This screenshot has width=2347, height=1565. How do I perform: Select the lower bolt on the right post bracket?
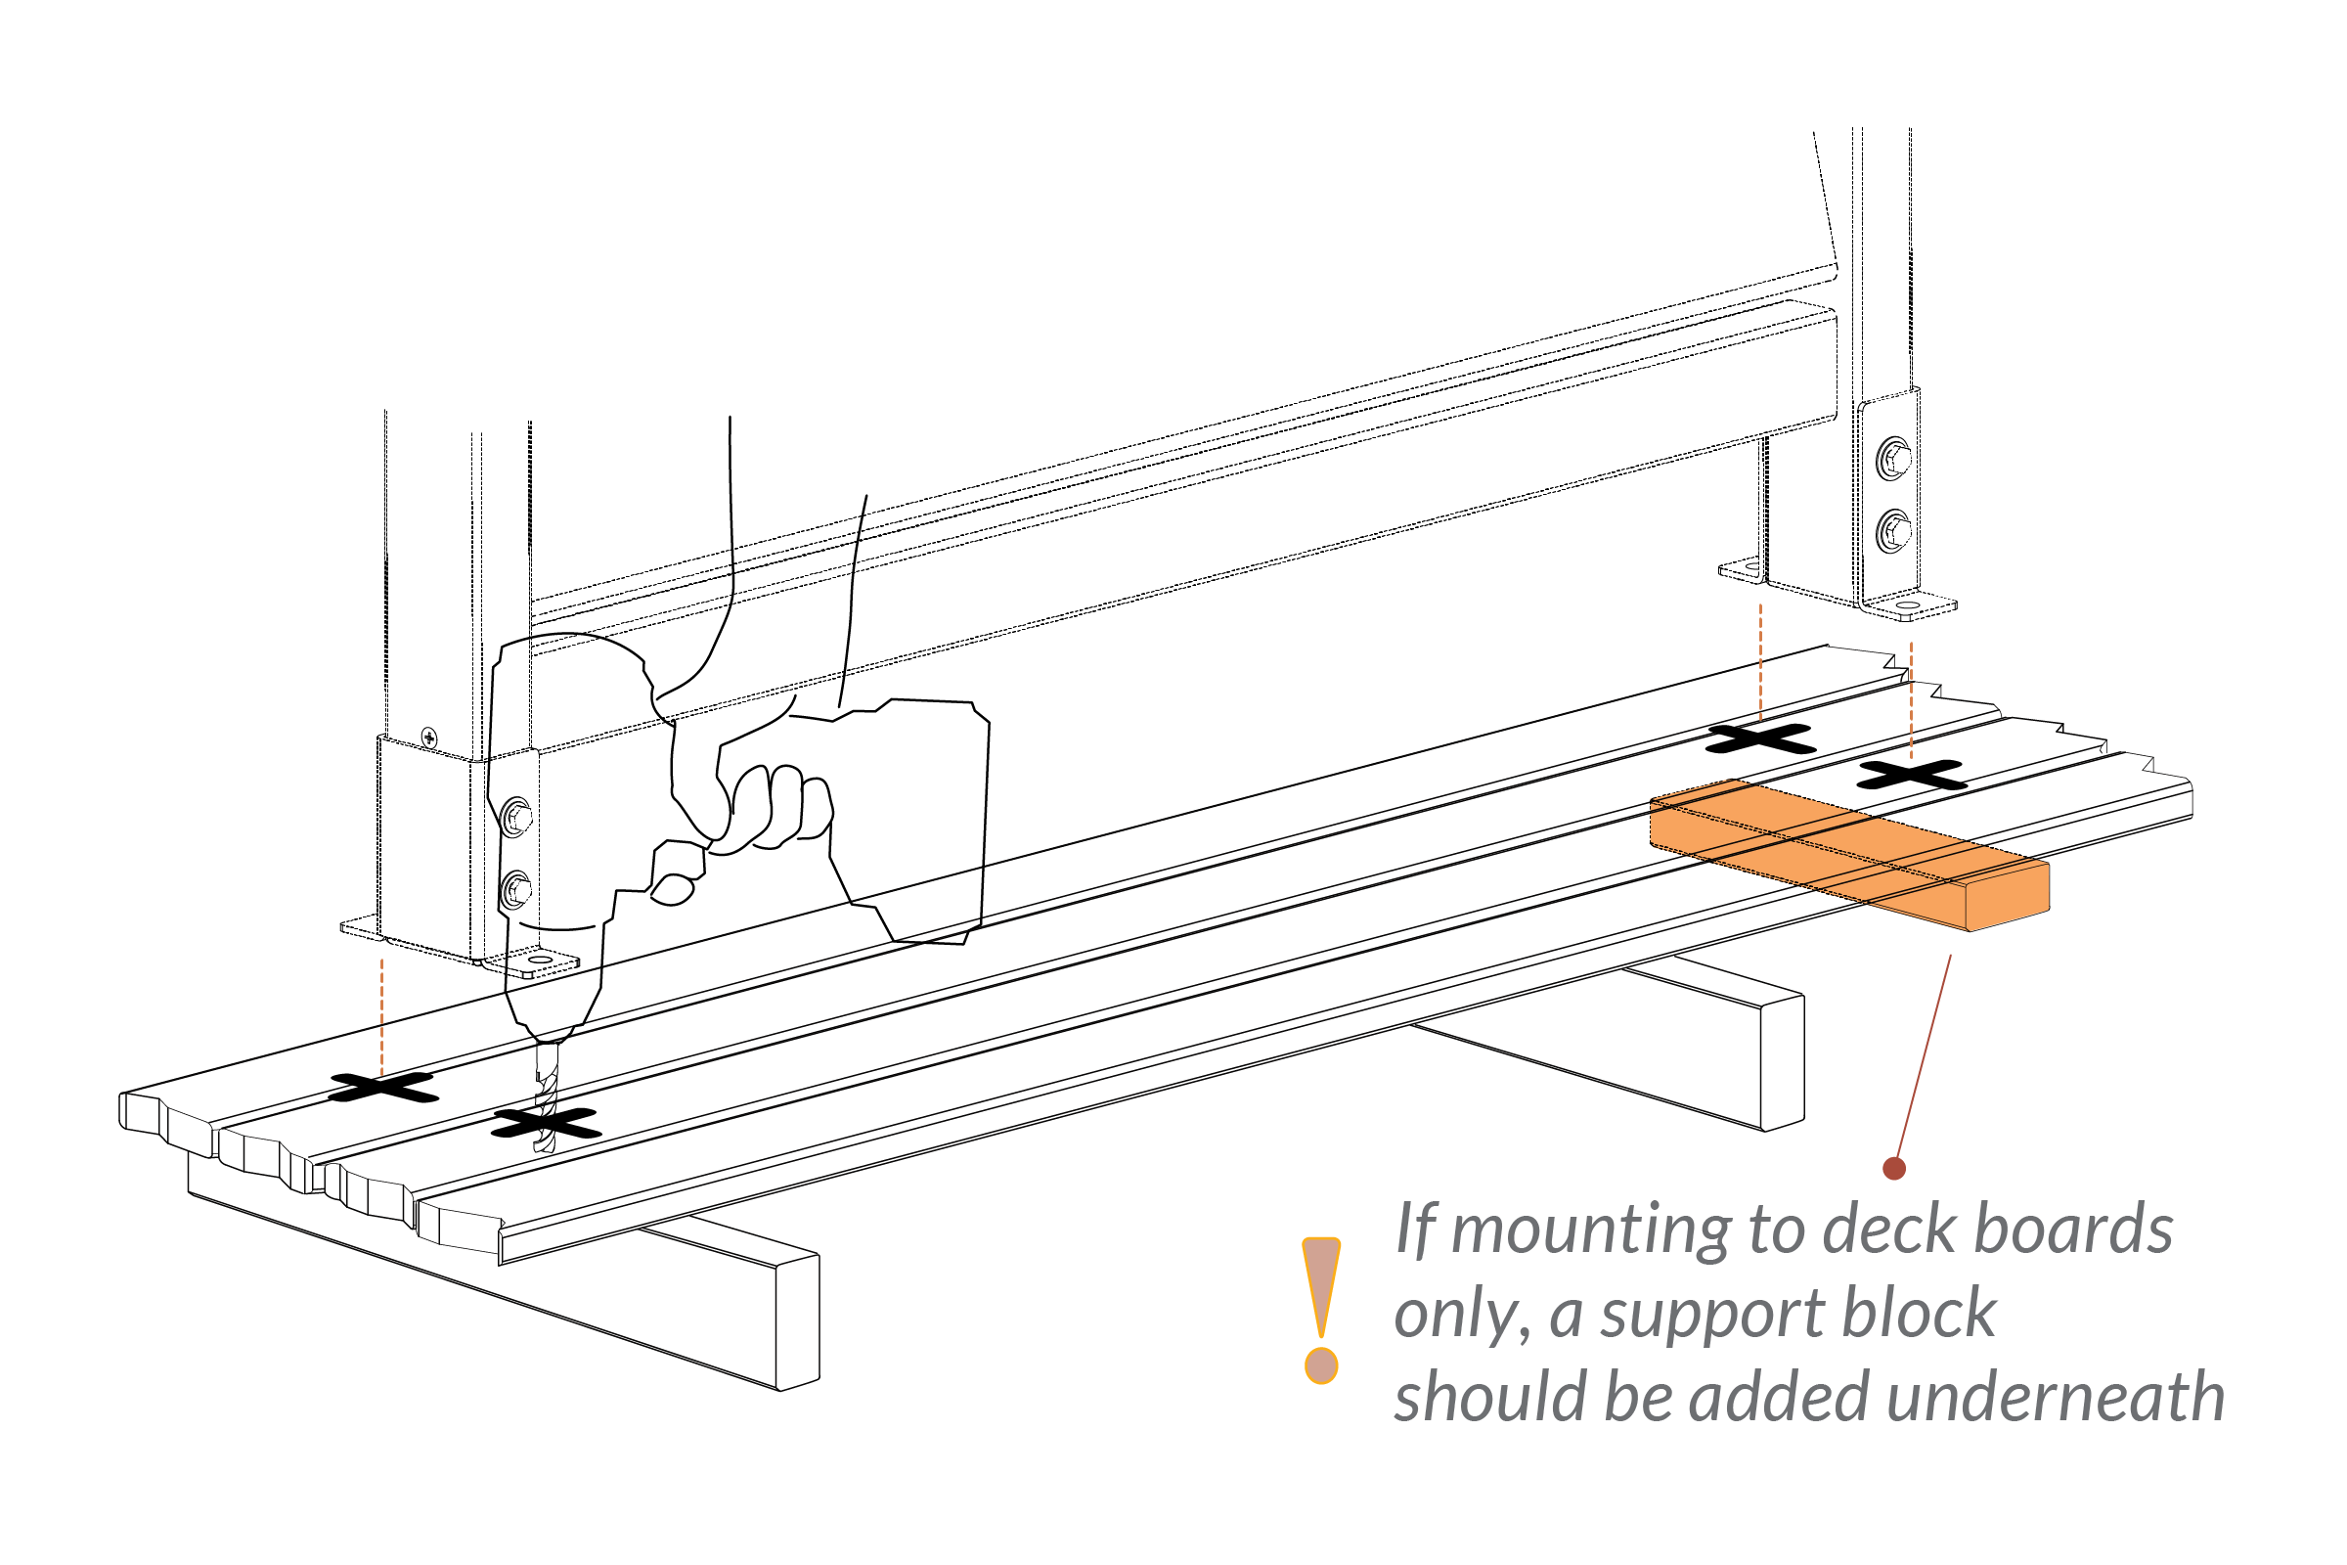[1893, 531]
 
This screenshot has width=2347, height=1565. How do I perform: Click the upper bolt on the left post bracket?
[517, 817]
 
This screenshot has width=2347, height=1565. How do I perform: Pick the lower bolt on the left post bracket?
[515, 889]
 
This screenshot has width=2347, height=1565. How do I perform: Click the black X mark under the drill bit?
[547, 1124]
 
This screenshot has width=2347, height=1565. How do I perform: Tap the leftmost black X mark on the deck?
[383, 1087]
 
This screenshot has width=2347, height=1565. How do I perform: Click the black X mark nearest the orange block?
[1910, 775]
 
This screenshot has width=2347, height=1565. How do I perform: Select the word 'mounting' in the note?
[1591, 1230]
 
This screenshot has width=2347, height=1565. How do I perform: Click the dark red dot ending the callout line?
[1894, 1169]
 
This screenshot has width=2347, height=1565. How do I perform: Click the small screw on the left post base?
[429, 738]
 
